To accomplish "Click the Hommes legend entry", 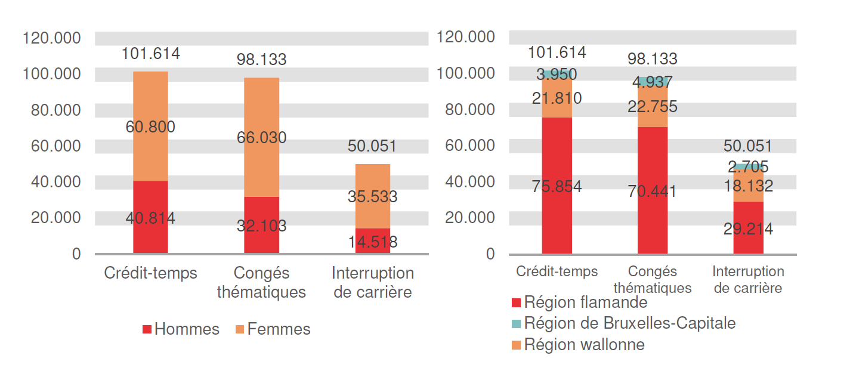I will pos(181,329).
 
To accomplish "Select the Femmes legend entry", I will pos(273,329).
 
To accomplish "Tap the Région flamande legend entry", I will pos(579,302).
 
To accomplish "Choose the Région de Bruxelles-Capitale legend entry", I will pos(623,323).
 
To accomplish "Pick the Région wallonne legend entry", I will pos(577,345).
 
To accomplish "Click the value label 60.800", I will pos(150,127).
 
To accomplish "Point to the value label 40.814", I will pos(150,219).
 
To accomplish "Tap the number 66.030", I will pos(261,138).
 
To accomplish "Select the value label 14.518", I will pos(372,242).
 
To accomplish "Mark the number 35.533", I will pos(372,197).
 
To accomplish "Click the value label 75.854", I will pos(557,186).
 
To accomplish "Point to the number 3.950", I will pos(557,75).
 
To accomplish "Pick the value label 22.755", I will pos(652,107).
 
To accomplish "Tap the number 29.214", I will pos(748,229).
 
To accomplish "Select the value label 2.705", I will pos(748,167).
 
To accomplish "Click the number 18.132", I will pos(748,186).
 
